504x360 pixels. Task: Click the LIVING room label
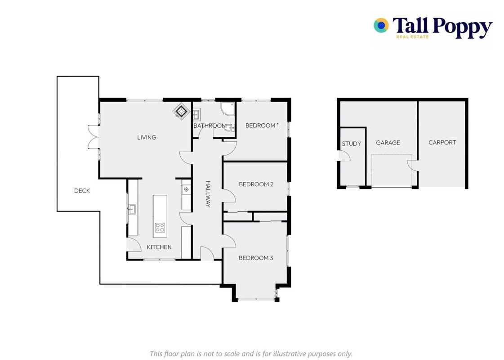coord(147,137)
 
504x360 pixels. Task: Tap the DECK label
coord(82,191)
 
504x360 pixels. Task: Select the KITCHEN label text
coord(159,247)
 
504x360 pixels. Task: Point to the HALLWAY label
coord(208,194)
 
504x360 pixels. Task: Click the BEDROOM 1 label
coord(262,126)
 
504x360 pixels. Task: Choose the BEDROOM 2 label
coord(256,184)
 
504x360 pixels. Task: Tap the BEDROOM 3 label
coord(256,258)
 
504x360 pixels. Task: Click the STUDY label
coord(351,144)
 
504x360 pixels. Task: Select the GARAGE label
coord(388,143)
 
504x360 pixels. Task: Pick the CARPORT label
coord(442,143)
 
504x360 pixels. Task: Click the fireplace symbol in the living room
coord(181,111)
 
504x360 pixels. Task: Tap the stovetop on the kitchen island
coord(160,228)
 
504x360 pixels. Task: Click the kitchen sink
coord(132,209)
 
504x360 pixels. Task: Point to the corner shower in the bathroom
coord(227,109)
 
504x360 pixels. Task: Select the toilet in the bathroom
coord(229,128)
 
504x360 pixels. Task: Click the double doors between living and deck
coord(93,137)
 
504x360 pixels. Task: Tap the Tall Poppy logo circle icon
coord(381,25)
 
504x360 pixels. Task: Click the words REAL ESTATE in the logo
coord(412,37)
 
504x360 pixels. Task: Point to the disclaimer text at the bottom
coord(251,354)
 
